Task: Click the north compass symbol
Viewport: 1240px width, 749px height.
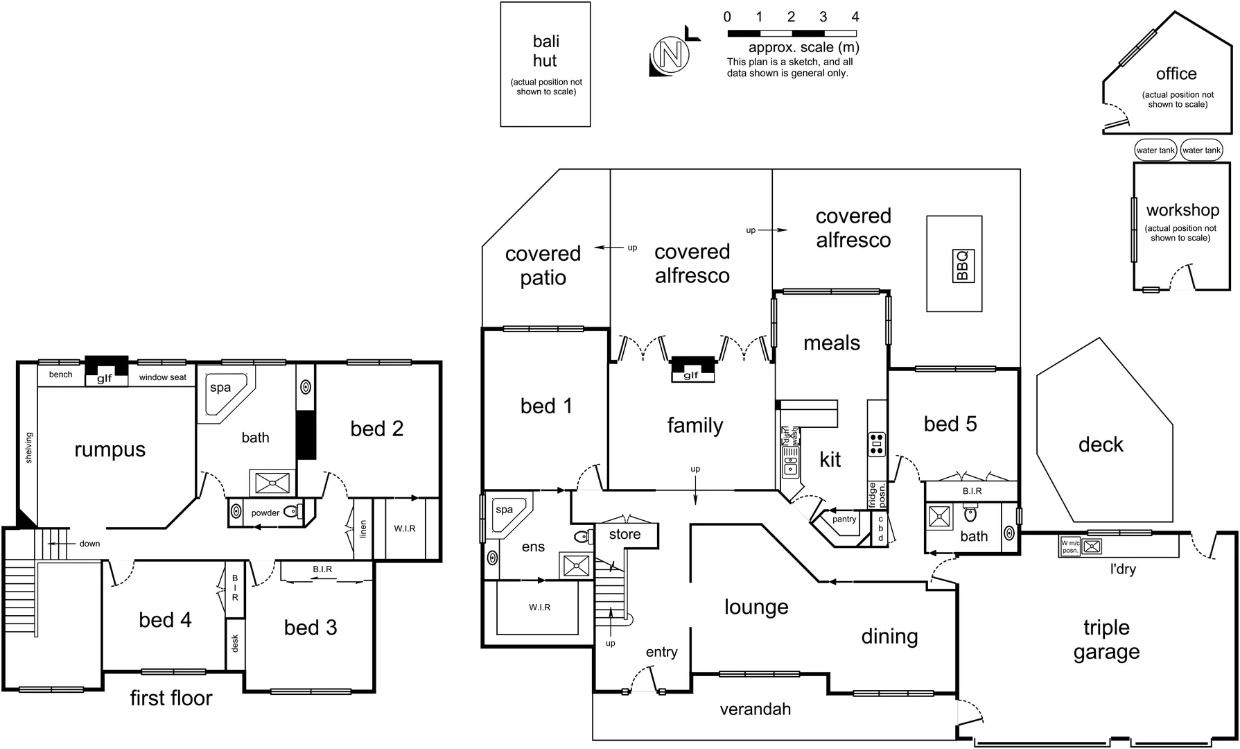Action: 670,55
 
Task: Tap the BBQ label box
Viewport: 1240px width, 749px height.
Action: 963,266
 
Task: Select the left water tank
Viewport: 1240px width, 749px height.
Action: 1155,150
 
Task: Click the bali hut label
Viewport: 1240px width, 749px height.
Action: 545,51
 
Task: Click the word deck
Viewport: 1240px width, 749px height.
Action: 1101,445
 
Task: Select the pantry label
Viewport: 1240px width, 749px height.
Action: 844,519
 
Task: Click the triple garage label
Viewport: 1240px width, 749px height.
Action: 1106,639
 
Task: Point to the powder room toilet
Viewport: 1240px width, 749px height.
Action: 292,513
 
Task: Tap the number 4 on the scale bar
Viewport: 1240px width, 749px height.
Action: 855,17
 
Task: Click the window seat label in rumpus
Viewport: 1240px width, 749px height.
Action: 163,378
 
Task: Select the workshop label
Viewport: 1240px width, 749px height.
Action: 1182,210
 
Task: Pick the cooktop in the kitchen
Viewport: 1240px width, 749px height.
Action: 877,444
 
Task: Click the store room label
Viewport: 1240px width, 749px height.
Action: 625,535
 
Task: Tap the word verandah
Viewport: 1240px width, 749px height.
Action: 755,709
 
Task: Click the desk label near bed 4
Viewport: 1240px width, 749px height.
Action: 235,644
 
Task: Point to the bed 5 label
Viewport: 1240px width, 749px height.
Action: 950,424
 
